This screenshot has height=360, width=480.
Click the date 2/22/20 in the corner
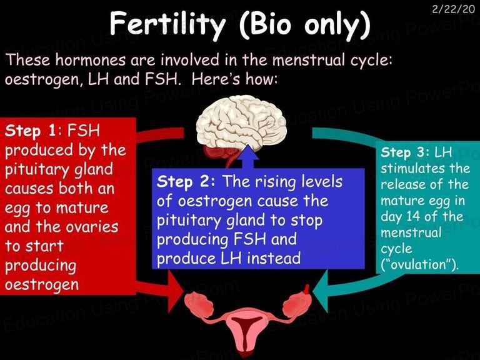click(x=453, y=9)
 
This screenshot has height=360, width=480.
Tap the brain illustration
click(x=241, y=126)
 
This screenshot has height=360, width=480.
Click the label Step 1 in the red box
click(x=31, y=131)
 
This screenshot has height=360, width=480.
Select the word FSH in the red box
click(x=84, y=131)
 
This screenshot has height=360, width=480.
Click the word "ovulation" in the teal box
click(x=420, y=264)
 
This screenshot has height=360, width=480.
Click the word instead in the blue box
click(x=274, y=258)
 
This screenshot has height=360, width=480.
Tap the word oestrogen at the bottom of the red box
click(x=42, y=285)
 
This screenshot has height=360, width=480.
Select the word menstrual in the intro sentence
click(x=309, y=60)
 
